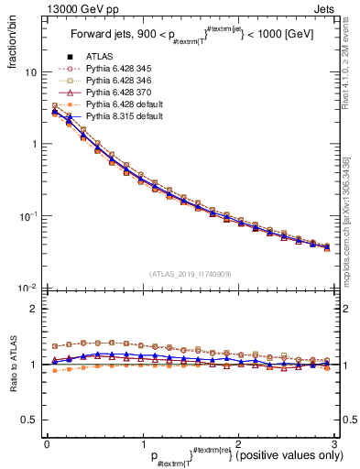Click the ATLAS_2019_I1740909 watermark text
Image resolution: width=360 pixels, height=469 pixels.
tap(189, 273)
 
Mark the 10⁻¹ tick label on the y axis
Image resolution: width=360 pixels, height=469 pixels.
tap(27, 216)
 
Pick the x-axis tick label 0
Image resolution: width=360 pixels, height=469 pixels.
tap(47, 443)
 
